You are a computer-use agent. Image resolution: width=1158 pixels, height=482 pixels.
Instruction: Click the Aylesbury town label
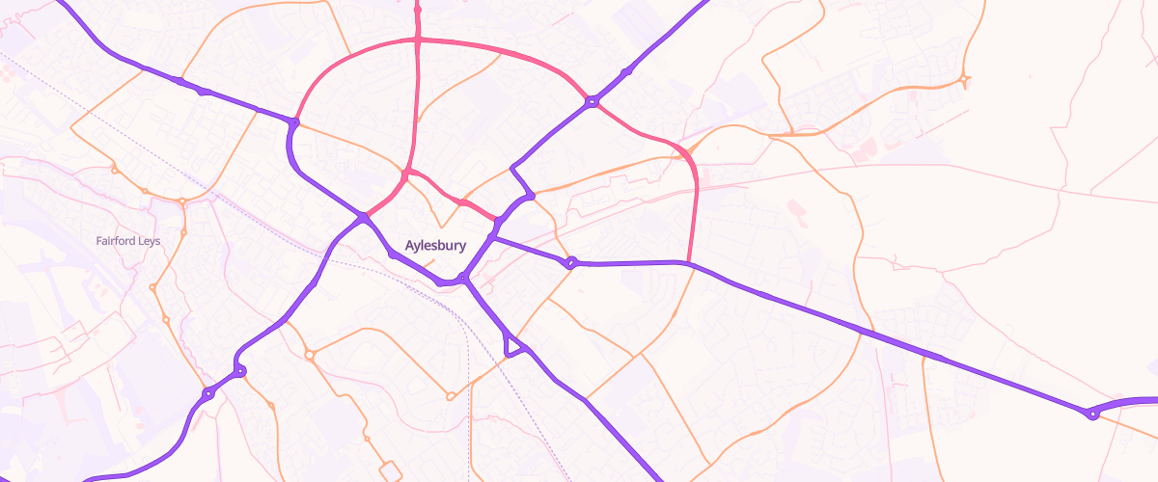tap(435, 246)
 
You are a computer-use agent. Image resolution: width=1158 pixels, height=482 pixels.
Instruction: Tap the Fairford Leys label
tap(128, 241)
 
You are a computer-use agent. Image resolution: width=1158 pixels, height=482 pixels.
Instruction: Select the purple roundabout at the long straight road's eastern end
tap(1091, 415)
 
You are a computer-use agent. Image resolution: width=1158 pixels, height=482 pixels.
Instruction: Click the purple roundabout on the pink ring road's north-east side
tap(592, 101)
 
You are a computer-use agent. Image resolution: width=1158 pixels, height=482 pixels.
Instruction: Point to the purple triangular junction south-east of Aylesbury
tap(511, 345)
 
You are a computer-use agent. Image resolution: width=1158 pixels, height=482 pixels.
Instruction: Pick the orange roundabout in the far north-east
tap(964, 79)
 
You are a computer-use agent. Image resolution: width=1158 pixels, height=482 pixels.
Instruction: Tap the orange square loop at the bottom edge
tap(391, 471)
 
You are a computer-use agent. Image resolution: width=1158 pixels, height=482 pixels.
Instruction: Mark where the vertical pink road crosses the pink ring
tap(418, 40)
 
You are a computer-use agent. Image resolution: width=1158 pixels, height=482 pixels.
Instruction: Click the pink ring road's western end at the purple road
tap(294, 122)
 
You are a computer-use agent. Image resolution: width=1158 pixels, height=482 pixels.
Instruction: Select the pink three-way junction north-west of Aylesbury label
tap(407, 173)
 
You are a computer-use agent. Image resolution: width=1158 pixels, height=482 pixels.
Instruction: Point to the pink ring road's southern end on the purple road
tap(688, 262)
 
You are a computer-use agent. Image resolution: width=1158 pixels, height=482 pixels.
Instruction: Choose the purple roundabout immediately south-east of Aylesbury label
tap(463, 279)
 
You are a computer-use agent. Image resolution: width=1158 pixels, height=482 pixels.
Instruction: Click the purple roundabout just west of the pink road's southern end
tap(571, 262)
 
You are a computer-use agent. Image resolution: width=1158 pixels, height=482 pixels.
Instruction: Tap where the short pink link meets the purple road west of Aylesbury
tap(364, 218)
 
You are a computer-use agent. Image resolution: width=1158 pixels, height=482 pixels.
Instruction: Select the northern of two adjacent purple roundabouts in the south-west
tap(239, 371)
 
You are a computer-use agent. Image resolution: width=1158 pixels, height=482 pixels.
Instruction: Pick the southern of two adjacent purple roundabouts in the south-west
tap(207, 393)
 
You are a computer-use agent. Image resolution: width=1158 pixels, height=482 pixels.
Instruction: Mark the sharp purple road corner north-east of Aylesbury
tap(511, 169)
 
